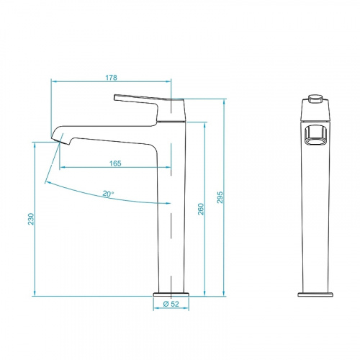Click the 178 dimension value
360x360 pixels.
(x=111, y=78)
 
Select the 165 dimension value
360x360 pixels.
(x=115, y=163)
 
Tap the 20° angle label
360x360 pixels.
(x=108, y=194)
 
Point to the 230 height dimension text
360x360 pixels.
(x=31, y=219)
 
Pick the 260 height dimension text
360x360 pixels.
(x=201, y=209)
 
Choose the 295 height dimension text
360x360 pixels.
(x=220, y=197)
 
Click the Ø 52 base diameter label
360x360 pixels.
(x=171, y=304)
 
